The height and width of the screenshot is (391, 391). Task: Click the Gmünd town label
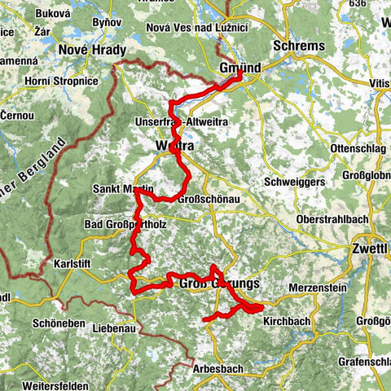point(239,70)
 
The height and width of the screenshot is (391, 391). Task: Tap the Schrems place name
point(303,45)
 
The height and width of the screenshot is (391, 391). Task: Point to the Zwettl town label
point(371,248)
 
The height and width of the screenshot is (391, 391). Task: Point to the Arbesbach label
point(218,368)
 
